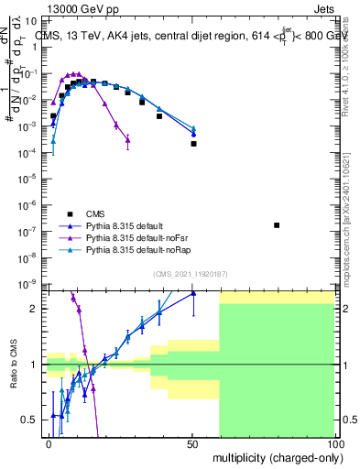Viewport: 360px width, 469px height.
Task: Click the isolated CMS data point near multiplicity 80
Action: pyautogui.click(x=277, y=224)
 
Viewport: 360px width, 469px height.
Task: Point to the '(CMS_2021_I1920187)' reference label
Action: pyautogui.click(x=191, y=273)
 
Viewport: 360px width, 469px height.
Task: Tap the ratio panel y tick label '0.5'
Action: pyautogui.click(x=30, y=420)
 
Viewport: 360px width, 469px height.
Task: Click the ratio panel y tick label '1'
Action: pyautogui.click(x=35, y=365)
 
